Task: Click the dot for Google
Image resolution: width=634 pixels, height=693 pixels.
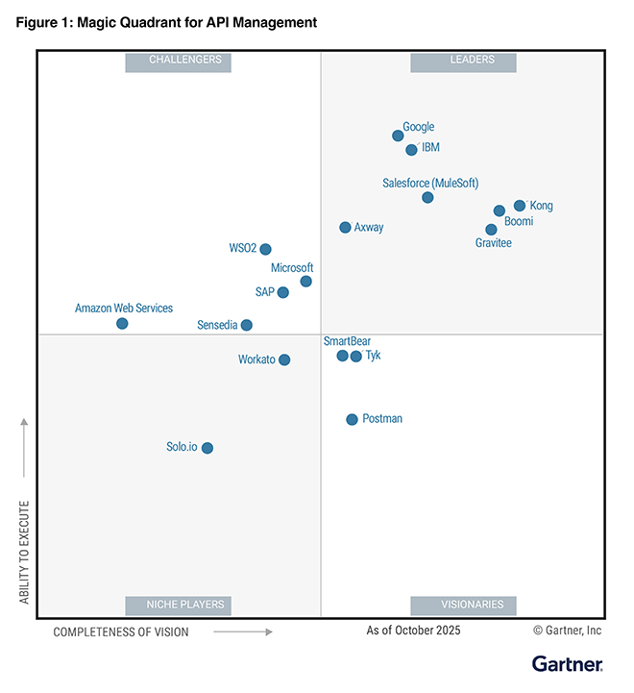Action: [x=398, y=136]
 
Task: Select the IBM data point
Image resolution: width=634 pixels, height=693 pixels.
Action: [x=411, y=150]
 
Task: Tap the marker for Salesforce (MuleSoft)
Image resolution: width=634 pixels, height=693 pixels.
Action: [x=427, y=198]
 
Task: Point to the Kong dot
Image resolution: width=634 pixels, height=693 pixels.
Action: [x=520, y=206]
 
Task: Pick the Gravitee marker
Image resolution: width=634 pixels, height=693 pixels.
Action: [x=491, y=230]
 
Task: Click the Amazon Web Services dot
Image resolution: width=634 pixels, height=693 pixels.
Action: [x=122, y=324]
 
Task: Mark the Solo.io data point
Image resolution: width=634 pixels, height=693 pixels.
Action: [x=207, y=448]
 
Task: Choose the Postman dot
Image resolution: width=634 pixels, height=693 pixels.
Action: [x=352, y=419]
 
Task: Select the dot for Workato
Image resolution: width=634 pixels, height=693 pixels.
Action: [x=283, y=360]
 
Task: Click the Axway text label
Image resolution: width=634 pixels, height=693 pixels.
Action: [x=369, y=228]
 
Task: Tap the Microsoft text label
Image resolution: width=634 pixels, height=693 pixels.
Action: [x=292, y=268]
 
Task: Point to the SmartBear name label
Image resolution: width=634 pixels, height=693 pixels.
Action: [x=347, y=341]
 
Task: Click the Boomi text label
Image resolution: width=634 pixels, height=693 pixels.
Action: [x=519, y=222]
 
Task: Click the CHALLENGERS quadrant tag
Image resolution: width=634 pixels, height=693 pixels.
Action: [x=184, y=61]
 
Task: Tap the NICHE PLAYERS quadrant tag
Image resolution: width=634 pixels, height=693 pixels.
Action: [x=185, y=605]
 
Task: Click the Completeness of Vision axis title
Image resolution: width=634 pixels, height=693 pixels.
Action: [x=121, y=631]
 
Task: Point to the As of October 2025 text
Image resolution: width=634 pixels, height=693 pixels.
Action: [x=413, y=631]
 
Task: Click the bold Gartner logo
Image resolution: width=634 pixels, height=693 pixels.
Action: [x=567, y=664]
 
